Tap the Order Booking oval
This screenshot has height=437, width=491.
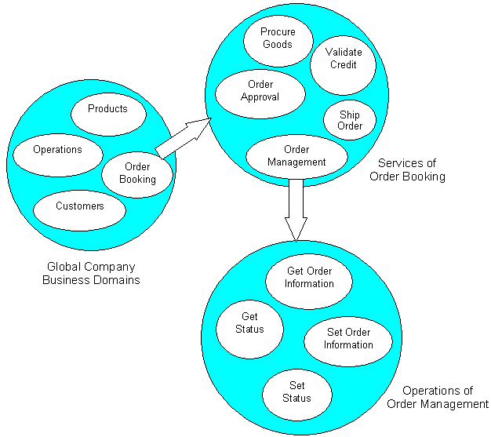137,173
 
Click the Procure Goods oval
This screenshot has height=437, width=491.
277,38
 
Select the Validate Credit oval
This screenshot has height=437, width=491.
343,60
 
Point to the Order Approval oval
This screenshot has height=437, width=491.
260,90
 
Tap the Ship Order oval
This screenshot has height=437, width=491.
350,120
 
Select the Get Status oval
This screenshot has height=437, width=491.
249,322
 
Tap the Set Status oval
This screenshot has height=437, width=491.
296,392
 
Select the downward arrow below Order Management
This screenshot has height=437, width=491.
296,209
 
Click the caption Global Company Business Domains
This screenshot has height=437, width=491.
91,273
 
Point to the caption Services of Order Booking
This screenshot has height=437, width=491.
407,169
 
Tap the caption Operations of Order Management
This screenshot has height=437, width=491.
438,397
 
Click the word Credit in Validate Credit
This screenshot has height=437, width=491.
344,66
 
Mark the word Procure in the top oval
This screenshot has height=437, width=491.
278,32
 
